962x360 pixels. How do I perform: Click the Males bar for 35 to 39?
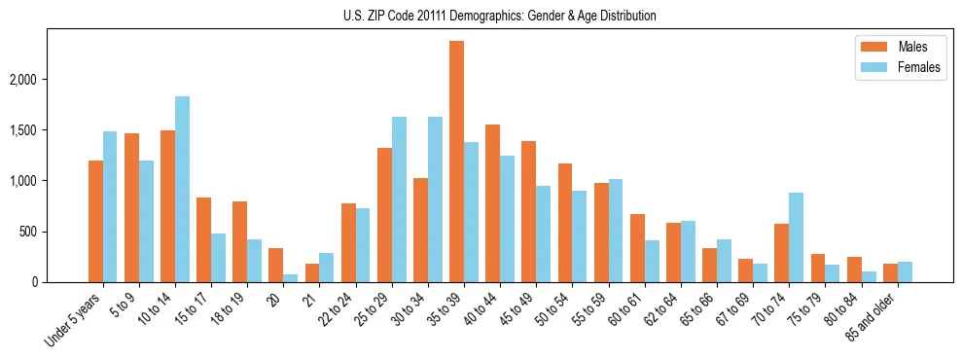click(x=456, y=162)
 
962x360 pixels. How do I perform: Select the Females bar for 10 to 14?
click(x=182, y=190)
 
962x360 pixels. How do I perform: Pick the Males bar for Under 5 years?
click(x=95, y=222)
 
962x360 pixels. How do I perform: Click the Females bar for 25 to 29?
click(x=399, y=199)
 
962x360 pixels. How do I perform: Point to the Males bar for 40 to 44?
click(x=492, y=203)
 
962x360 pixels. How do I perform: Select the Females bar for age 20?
click(x=291, y=278)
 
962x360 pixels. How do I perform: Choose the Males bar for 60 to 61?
click(x=637, y=248)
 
